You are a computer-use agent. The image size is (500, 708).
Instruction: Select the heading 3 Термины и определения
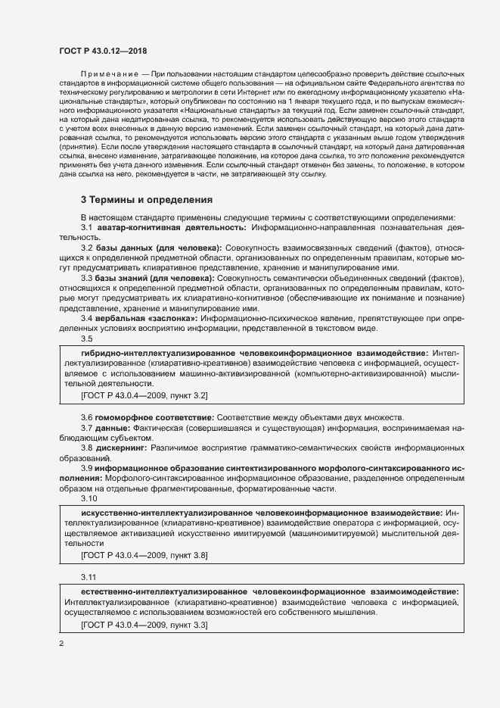(x=146, y=200)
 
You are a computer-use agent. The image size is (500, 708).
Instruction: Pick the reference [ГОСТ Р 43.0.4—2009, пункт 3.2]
(x=144, y=395)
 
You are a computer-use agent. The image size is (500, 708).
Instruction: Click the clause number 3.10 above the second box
(x=89, y=500)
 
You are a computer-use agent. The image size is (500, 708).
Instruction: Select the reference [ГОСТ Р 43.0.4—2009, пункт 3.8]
(x=144, y=555)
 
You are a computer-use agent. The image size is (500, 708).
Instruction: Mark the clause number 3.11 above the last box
(x=89, y=577)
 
